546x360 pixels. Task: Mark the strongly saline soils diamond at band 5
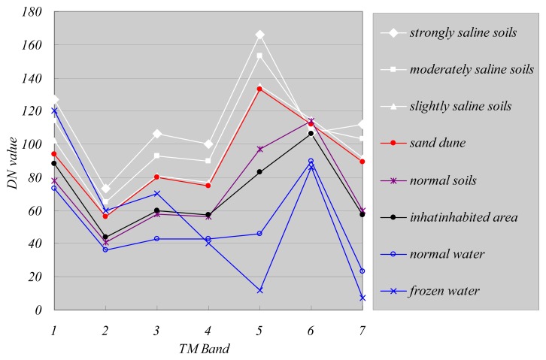point(259,35)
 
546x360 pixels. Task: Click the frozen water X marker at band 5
point(259,290)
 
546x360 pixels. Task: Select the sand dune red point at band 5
point(259,89)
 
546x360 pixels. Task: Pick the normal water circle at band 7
point(362,271)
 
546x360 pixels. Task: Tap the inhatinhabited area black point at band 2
point(105,237)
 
